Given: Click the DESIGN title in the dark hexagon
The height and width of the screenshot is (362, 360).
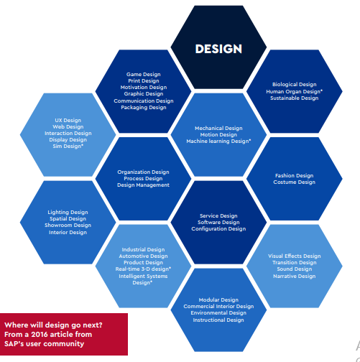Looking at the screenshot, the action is click(218, 49).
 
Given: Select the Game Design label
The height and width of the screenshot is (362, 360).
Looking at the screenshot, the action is click(144, 75).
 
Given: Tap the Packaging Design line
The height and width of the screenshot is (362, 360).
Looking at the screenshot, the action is click(144, 108).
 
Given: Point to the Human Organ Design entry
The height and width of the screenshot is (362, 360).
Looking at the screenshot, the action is click(295, 92).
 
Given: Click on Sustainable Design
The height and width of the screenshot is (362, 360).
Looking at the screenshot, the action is click(295, 98).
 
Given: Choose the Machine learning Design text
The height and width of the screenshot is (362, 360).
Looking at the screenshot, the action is click(218, 141).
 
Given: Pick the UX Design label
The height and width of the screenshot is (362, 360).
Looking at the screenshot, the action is click(68, 121).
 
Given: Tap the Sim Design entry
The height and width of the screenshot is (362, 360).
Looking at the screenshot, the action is click(68, 147).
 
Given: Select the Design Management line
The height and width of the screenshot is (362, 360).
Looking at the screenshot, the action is click(143, 185).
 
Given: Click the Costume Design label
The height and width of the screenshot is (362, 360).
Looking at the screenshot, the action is click(295, 182).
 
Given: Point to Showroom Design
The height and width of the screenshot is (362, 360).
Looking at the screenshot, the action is click(68, 226).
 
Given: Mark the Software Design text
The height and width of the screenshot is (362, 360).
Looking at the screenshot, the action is click(218, 223).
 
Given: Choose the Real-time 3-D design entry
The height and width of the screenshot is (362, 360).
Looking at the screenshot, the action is click(143, 269).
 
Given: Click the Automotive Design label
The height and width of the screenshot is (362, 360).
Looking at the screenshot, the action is click(143, 256).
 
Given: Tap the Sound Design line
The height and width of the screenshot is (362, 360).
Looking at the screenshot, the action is click(295, 269).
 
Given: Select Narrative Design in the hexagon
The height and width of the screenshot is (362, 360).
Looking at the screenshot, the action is click(295, 277).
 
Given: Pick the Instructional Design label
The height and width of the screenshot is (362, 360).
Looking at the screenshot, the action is click(218, 320).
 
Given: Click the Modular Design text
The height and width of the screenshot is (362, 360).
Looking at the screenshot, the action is click(218, 300).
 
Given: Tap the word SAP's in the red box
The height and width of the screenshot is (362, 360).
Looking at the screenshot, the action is click(14, 344).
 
